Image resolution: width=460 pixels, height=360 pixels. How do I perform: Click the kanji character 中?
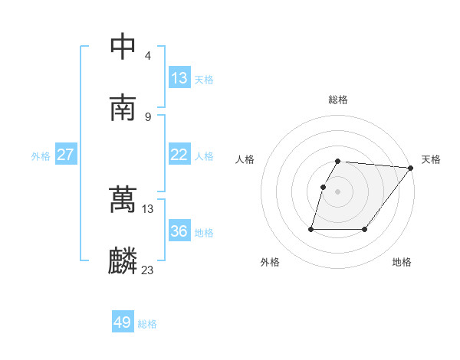point(123,47)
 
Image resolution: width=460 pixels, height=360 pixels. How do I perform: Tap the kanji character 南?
point(123,109)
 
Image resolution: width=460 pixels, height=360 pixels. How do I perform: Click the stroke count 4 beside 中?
point(147,55)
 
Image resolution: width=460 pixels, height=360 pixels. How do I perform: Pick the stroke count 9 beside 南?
point(147,116)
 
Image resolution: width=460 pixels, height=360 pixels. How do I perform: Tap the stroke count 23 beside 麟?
point(147,270)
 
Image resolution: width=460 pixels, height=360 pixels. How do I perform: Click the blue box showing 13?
point(179,78)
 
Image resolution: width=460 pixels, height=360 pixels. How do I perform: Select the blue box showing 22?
point(179,155)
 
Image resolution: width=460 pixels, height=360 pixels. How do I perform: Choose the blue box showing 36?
point(179,231)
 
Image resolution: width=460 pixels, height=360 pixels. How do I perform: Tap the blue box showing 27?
point(65,155)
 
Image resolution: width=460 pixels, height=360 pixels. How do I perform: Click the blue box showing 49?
point(123,322)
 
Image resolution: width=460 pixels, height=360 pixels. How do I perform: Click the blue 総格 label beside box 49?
point(147,324)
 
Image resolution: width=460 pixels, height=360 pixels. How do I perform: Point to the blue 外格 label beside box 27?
point(41,156)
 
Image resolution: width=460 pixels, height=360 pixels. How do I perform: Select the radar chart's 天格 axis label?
point(431,159)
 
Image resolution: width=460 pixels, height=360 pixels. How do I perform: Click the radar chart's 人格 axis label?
point(245,159)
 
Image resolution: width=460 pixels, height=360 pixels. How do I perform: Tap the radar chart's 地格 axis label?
point(402,262)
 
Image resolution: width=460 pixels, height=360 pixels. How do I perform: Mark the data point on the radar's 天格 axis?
point(412,168)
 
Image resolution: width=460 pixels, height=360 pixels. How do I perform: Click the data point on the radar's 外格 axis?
point(311,229)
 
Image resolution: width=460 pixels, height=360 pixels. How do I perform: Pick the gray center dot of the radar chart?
point(338,191)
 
